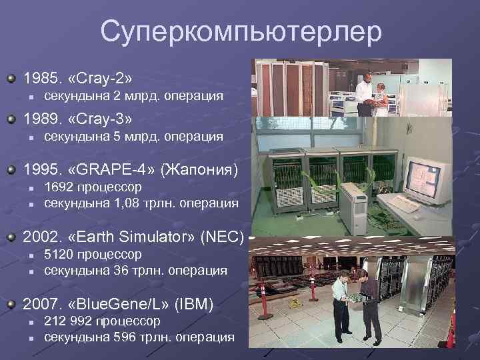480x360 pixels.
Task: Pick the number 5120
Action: coord(59,255)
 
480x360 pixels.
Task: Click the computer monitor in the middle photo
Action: coord(424,177)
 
